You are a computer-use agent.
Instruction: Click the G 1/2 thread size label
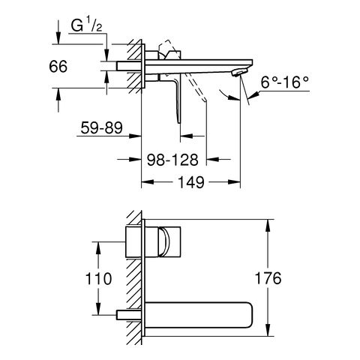pyautogui.click(x=86, y=25)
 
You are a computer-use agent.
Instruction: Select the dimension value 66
pyautogui.click(x=58, y=67)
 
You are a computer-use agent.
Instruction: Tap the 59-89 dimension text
pyautogui.click(x=102, y=128)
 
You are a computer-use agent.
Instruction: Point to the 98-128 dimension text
pyautogui.click(x=172, y=160)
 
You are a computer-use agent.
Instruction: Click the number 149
pyautogui.click(x=191, y=182)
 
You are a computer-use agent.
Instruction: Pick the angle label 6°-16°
pyautogui.click(x=284, y=82)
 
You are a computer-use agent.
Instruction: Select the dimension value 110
pyautogui.click(x=98, y=278)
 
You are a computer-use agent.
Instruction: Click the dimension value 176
pyautogui.click(x=268, y=278)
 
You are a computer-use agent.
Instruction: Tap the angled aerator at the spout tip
pyautogui.click(x=239, y=73)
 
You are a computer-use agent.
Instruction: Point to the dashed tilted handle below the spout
pyautogui.click(x=196, y=88)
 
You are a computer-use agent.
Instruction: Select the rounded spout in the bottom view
pyautogui.click(x=199, y=315)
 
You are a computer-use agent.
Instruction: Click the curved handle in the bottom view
pyautogui.click(x=165, y=241)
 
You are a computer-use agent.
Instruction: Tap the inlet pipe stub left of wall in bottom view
pyautogui.click(x=129, y=314)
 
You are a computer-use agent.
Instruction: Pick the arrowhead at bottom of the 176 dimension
pyautogui.click(x=268, y=330)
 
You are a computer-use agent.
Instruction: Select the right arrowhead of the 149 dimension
pyautogui.click(x=234, y=182)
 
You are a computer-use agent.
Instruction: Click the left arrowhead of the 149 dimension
pyautogui.click(x=148, y=182)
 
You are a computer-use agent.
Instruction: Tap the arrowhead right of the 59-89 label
pyautogui.click(x=135, y=136)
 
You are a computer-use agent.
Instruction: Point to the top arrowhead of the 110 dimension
pyautogui.click(x=98, y=248)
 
